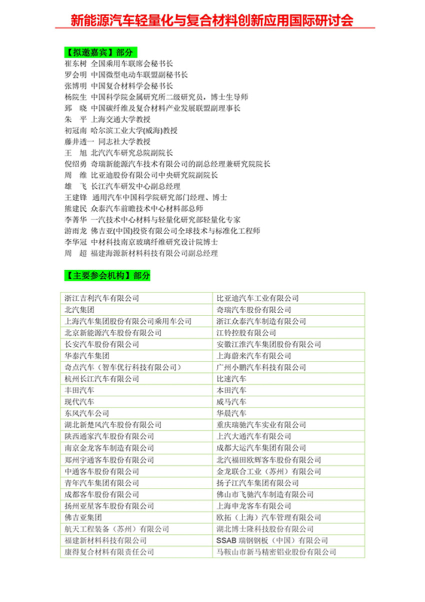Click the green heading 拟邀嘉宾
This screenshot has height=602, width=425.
click(x=100, y=52)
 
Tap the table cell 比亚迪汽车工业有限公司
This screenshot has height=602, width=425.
click(x=257, y=298)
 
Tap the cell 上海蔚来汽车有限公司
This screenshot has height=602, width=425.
click(x=253, y=356)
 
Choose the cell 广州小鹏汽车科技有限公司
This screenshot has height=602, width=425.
click(x=261, y=367)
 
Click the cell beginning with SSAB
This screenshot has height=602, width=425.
click(x=272, y=540)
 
